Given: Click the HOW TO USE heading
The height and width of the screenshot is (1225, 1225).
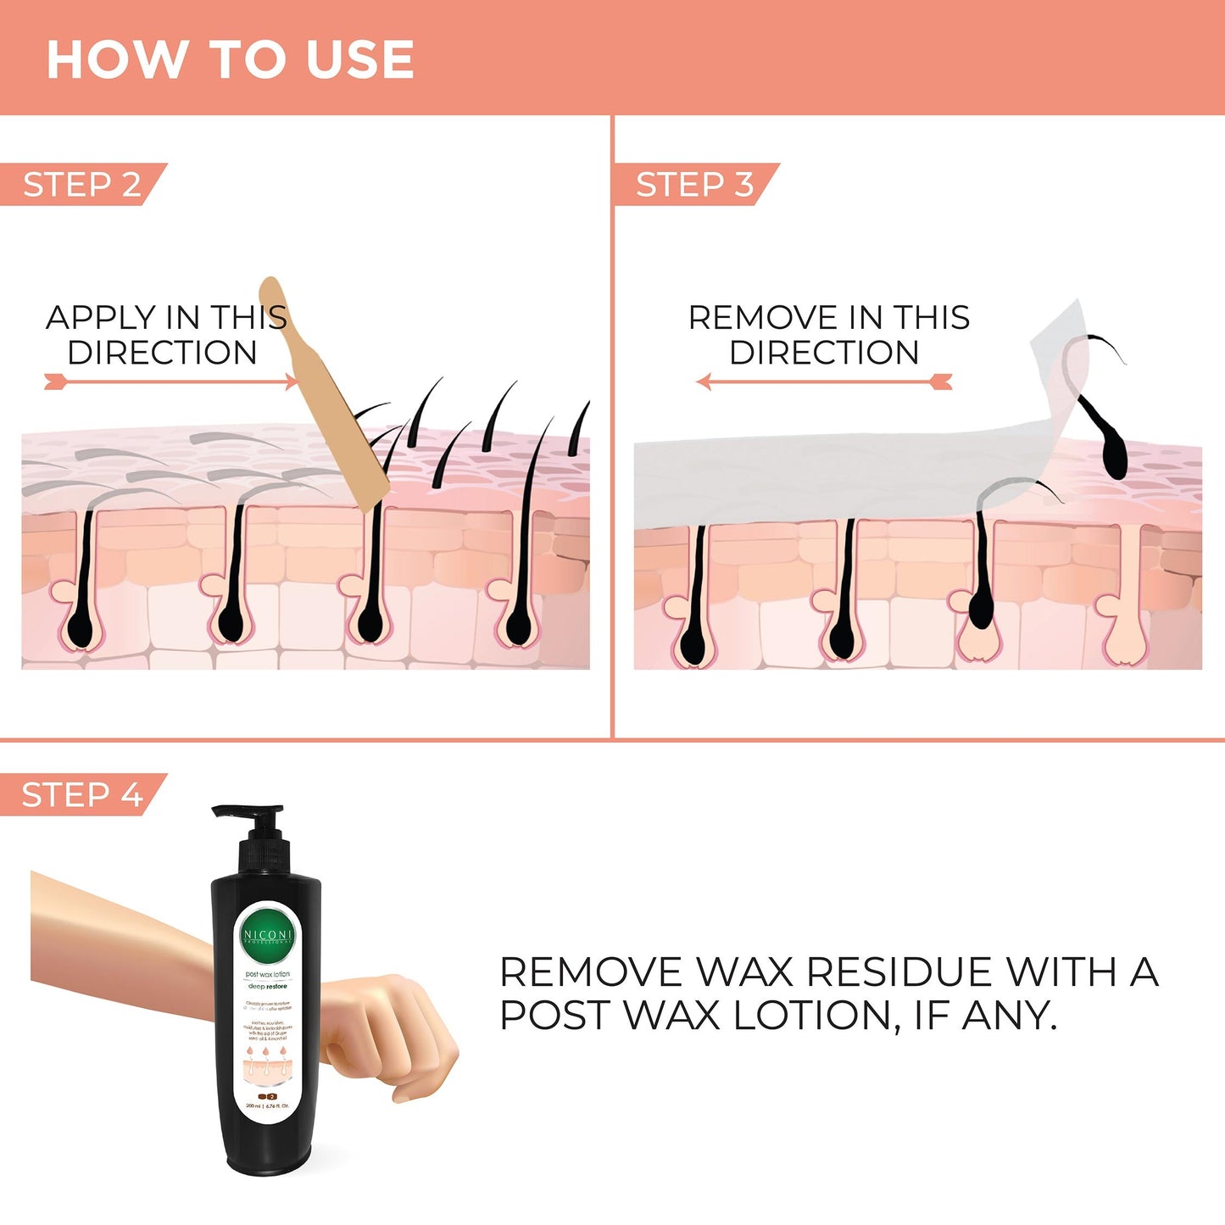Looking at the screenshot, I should [x=230, y=59].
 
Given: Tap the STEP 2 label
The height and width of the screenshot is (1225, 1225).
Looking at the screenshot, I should [x=81, y=185].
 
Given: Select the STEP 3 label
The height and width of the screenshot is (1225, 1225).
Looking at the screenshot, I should [x=694, y=185].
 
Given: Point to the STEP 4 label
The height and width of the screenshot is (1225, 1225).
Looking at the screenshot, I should [x=81, y=795].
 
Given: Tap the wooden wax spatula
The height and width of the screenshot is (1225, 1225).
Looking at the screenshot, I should [x=331, y=398].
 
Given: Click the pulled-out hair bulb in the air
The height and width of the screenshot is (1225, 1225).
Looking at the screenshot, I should [x=1113, y=454].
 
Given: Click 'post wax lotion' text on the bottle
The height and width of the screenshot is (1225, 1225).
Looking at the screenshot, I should [x=268, y=974].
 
